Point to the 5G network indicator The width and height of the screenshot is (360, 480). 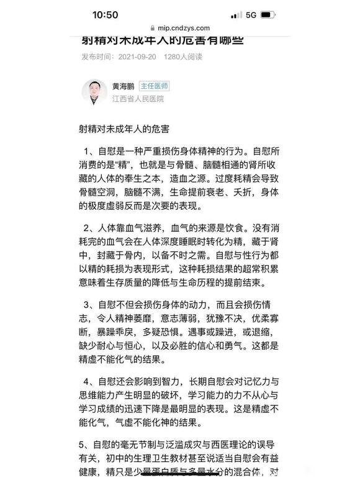[251, 14]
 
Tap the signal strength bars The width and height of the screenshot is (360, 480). [236, 14]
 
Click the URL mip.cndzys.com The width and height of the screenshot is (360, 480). [184, 28]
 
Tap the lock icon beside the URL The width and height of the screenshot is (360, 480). [152, 28]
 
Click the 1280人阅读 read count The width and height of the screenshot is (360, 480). [184, 57]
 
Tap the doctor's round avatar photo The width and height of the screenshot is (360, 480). [94, 92]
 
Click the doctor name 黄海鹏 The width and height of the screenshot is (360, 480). [123, 86]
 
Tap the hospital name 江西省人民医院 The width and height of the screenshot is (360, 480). [138, 99]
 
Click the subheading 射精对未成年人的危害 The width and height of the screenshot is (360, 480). [130, 129]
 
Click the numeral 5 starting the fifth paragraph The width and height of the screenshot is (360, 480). [83, 444]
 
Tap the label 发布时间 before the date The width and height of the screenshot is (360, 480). [97, 57]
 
